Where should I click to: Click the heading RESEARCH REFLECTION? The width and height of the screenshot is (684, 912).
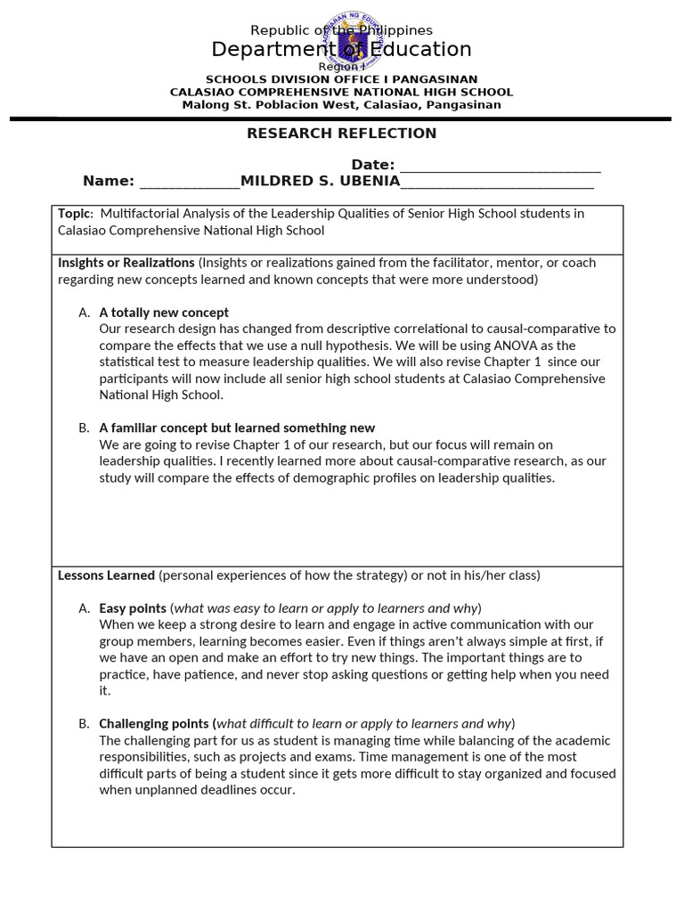(341, 134)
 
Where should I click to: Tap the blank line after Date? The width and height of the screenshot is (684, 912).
(500, 166)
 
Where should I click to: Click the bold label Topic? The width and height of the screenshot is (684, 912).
(75, 214)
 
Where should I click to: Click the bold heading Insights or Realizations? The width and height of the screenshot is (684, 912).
(126, 263)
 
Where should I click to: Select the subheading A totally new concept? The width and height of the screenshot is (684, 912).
(164, 313)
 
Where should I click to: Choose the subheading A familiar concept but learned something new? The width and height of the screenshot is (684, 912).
(237, 428)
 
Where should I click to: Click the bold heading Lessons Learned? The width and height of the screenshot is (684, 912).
(106, 575)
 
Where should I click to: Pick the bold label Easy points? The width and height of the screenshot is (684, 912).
(133, 608)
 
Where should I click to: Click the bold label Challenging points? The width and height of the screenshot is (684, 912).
(157, 724)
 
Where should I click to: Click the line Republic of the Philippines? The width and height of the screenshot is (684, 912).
(341, 31)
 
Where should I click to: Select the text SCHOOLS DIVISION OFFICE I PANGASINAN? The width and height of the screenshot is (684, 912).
(341, 79)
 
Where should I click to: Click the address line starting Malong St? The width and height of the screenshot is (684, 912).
(341, 105)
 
